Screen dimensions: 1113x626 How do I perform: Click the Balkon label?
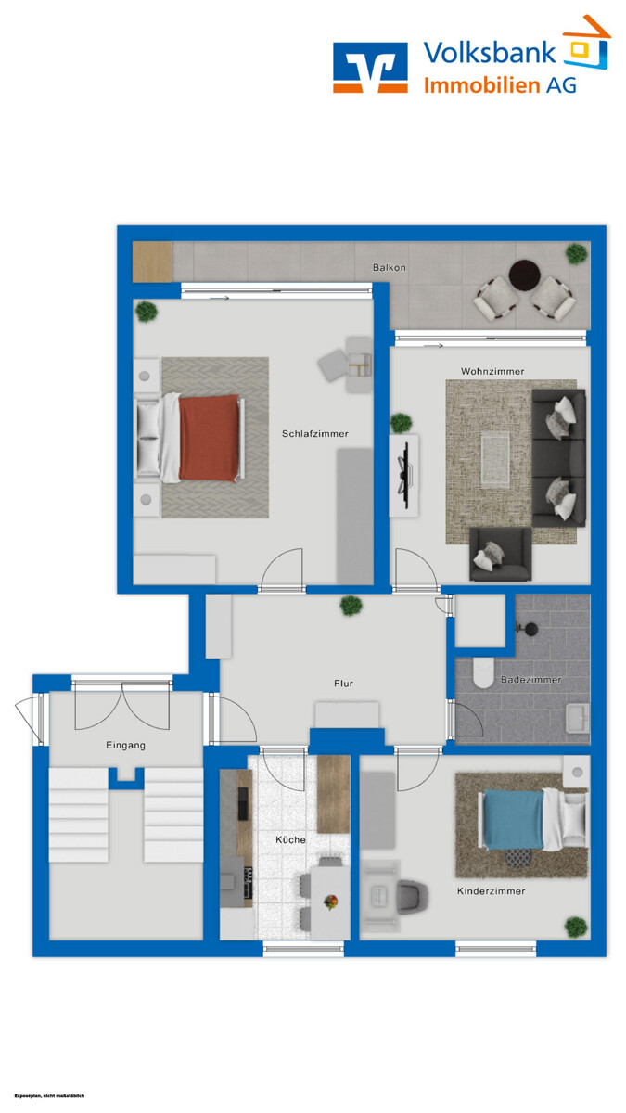(390, 267)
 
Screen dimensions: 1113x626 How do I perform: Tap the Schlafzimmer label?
(314, 433)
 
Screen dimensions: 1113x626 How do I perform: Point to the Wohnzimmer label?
(492, 371)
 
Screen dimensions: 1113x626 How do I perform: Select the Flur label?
(344, 684)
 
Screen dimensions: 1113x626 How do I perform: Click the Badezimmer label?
(530, 680)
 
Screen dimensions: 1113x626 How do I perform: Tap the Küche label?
(290, 839)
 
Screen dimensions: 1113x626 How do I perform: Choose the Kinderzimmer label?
(491, 891)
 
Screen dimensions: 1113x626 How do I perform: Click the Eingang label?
(125, 745)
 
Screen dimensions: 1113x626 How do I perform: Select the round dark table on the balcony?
(525, 274)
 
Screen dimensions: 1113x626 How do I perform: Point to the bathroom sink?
(577, 717)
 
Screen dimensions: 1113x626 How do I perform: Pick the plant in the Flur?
(351, 606)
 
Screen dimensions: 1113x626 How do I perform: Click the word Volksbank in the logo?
(490, 52)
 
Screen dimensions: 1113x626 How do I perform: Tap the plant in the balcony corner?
(577, 252)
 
